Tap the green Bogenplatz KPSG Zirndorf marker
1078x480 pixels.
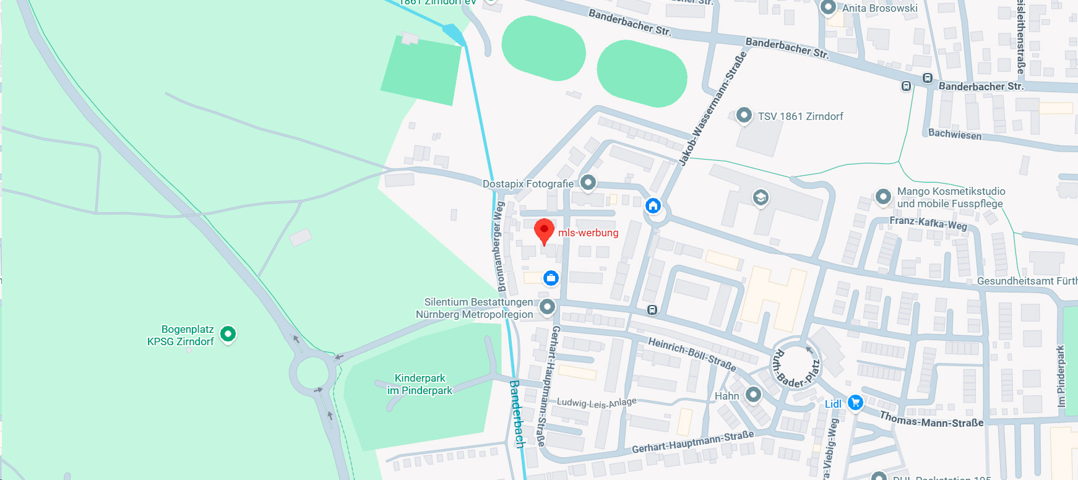coord(228,334)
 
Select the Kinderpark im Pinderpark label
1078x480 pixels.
coord(420,384)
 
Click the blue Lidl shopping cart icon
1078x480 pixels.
coord(855,403)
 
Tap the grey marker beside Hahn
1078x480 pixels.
coord(753,394)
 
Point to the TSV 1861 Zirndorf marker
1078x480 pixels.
coord(744,115)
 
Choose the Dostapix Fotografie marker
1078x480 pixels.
coord(588,182)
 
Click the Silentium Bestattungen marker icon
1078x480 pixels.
coord(547,306)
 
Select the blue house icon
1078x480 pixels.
coord(653,205)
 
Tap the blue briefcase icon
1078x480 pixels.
coord(551,278)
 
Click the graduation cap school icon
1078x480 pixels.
coord(761,197)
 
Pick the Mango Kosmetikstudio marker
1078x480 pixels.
coord(883,197)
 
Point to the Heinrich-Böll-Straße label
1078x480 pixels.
coord(692,354)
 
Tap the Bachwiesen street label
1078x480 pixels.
coord(955,134)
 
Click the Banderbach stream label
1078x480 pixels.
coord(517,413)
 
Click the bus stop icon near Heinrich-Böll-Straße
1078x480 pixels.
coord(652,310)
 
